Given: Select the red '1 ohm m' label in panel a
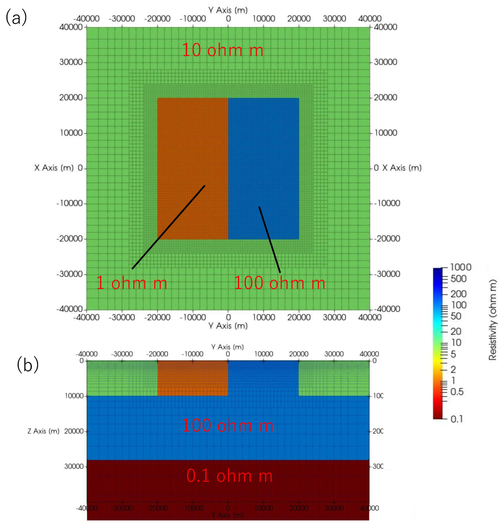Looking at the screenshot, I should pyautogui.click(x=131, y=283).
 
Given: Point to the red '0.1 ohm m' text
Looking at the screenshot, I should pyautogui.click(x=229, y=476).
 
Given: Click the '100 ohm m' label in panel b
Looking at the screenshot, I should pyautogui.click(x=227, y=425).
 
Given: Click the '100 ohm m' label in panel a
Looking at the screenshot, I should pyautogui.click(x=279, y=283).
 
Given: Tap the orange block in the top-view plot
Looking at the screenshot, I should pyautogui.click(x=192, y=138).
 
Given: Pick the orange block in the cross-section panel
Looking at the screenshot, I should pyautogui.click(x=192, y=378).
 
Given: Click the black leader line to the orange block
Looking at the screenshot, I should pyautogui.click(x=168, y=227).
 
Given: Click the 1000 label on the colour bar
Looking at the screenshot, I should pyautogui.click(x=461, y=267).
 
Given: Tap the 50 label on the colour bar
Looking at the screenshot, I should pyautogui.click(x=456, y=316).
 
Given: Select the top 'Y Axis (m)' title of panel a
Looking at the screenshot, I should pyautogui.click(x=228, y=10).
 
